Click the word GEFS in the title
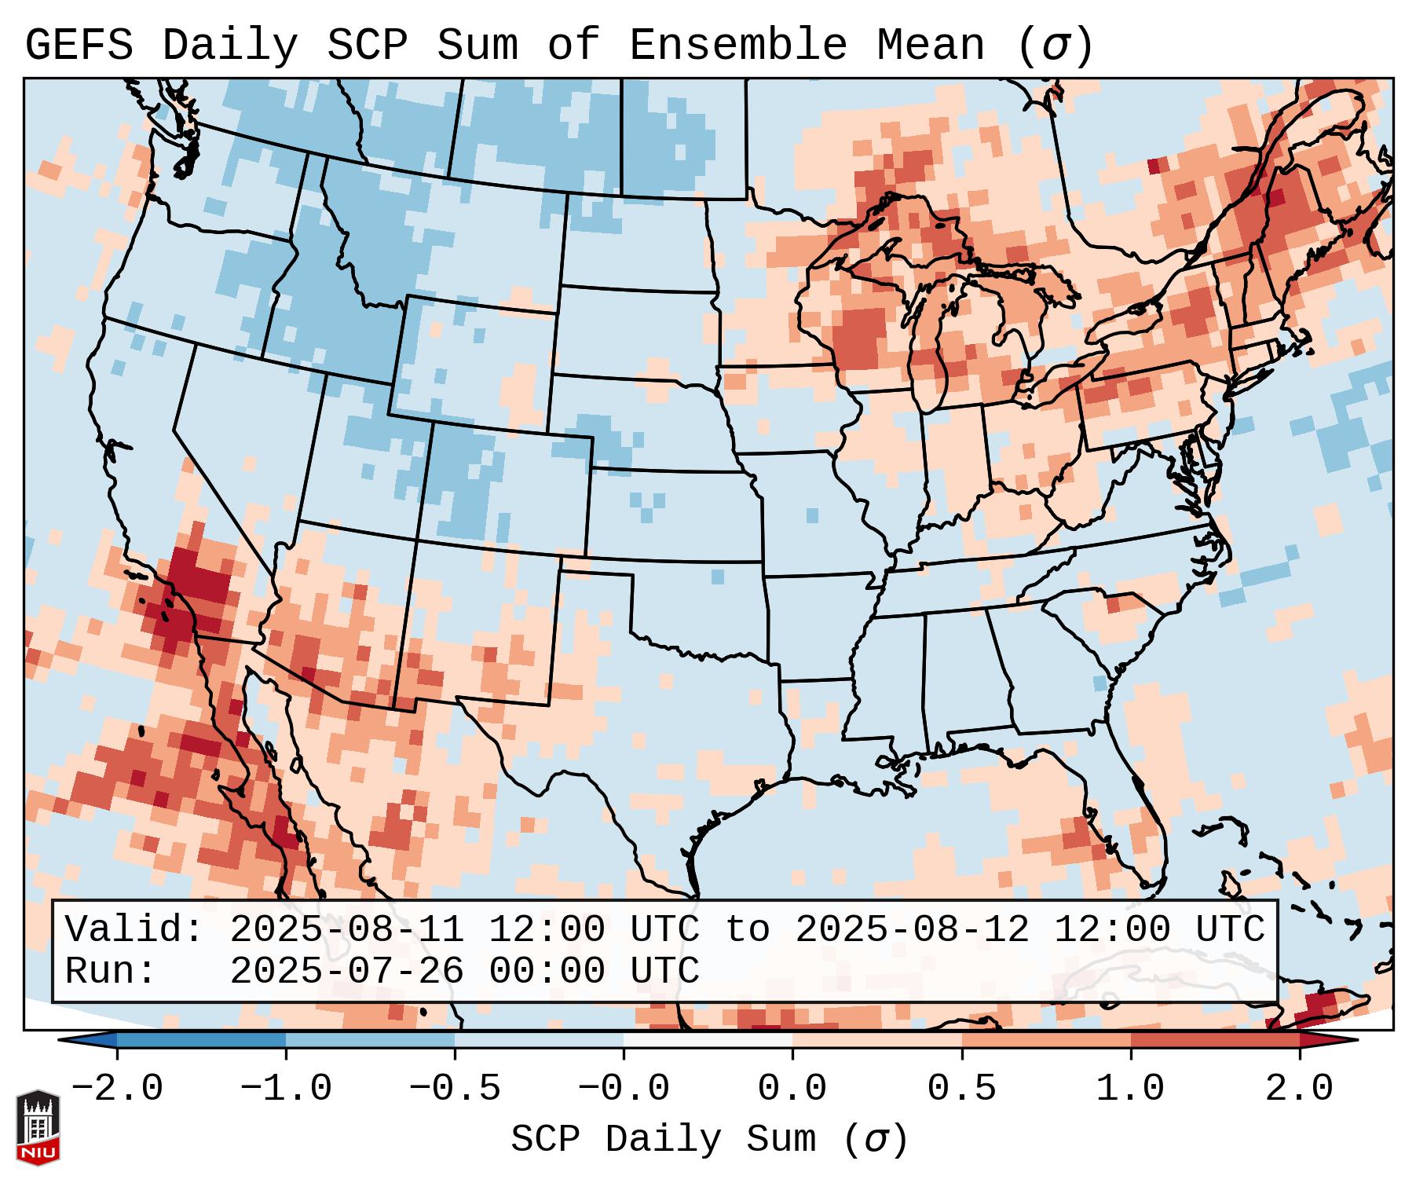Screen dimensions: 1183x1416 coord(79,46)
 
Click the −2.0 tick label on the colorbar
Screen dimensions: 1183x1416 coord(117,1089)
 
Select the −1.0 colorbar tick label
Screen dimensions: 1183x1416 coord(286,1089)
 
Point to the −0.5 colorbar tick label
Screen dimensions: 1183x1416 coord(455,1089)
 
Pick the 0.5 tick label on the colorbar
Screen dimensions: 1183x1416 coord(961,1089)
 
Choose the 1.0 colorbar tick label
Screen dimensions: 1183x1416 coord(1130,1089)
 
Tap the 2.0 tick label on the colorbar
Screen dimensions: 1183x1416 coord(1299,1089)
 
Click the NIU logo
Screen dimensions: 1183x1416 coord(38,1126)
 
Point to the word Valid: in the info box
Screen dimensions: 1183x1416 coord(134,930)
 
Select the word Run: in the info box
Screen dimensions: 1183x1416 coord(110,971)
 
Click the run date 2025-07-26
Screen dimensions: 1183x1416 coord(346,971)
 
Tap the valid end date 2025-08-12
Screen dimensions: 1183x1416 coord(912,930)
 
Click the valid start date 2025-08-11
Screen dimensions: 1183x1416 coord(346,930)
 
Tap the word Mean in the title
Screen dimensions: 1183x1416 coord(930,46)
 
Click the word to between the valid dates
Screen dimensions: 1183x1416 coord(747,930)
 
